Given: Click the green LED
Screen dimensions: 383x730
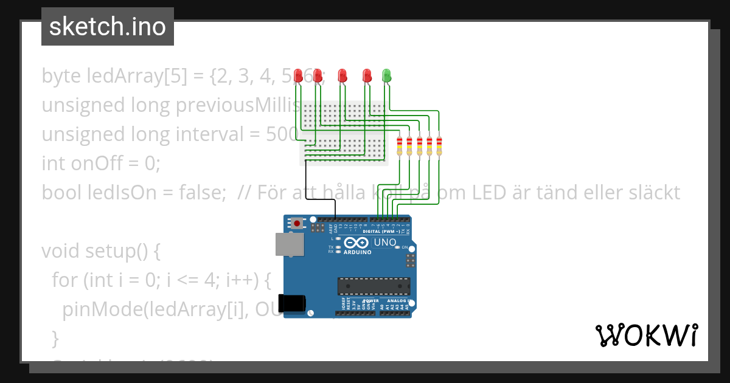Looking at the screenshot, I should click(x=386, y=75).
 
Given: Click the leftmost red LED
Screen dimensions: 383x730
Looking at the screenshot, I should click(x=298, y=75).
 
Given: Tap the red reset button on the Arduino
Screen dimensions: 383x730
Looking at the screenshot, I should click(x=297, y=223).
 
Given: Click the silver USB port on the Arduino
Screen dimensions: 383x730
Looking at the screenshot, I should click(x=290, y=244).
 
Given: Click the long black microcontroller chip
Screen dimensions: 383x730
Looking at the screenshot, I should click(x=374, y=286).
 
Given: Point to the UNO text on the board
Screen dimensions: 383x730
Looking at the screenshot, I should click(x=384, y=242).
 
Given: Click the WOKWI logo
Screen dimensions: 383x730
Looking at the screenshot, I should click(x=646, y=336).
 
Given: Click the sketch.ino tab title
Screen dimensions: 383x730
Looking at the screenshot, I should click(x=108, y=27).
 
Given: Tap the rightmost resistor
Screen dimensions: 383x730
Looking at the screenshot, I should click(x=439, y=146).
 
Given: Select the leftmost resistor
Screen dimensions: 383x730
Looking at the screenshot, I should click(x=400, y=146).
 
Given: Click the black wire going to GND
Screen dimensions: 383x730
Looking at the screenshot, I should click(x=306, y=182).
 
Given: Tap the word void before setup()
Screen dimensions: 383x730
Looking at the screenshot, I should click(x=62, y=250).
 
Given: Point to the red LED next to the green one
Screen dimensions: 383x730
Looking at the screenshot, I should click(x=367, y=75).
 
